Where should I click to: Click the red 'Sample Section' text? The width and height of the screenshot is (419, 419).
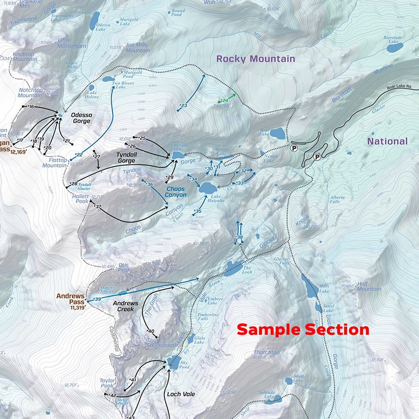click(303, 330)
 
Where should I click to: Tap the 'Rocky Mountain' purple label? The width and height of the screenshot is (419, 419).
click(256, 59)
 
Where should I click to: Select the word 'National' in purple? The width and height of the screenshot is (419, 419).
click(387, 141)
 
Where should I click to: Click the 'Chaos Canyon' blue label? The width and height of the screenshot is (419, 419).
click(177, 192)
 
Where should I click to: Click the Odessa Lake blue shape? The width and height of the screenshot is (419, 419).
click(94, 21)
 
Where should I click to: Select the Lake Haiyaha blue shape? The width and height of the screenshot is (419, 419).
click(207, 188)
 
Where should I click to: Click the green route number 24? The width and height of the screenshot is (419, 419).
click(225, 100)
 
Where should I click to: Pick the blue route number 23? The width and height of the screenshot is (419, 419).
click(184, 106)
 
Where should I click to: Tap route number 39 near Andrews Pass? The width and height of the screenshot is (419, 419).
click(97, 299)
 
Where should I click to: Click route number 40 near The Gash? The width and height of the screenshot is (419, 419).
click(152, 331)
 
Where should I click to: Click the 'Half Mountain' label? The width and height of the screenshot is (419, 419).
click(369, 286)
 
